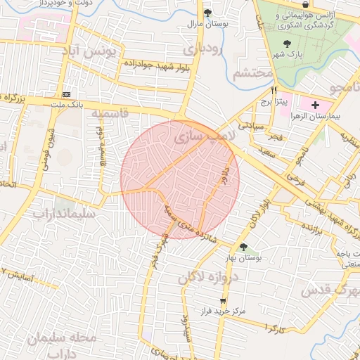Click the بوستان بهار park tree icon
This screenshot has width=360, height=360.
tap(243, 247)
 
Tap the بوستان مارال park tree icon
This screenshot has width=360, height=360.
tap(207, 12)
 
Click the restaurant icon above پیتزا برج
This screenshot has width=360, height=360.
tap(274, 90)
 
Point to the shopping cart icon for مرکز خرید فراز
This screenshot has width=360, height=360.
tap(223, 300)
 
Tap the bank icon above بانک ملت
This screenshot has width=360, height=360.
tap(66, 94)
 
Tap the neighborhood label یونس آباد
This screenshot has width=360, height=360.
tap(91, 53)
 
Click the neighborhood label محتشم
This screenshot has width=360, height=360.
tap(252, 72)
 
